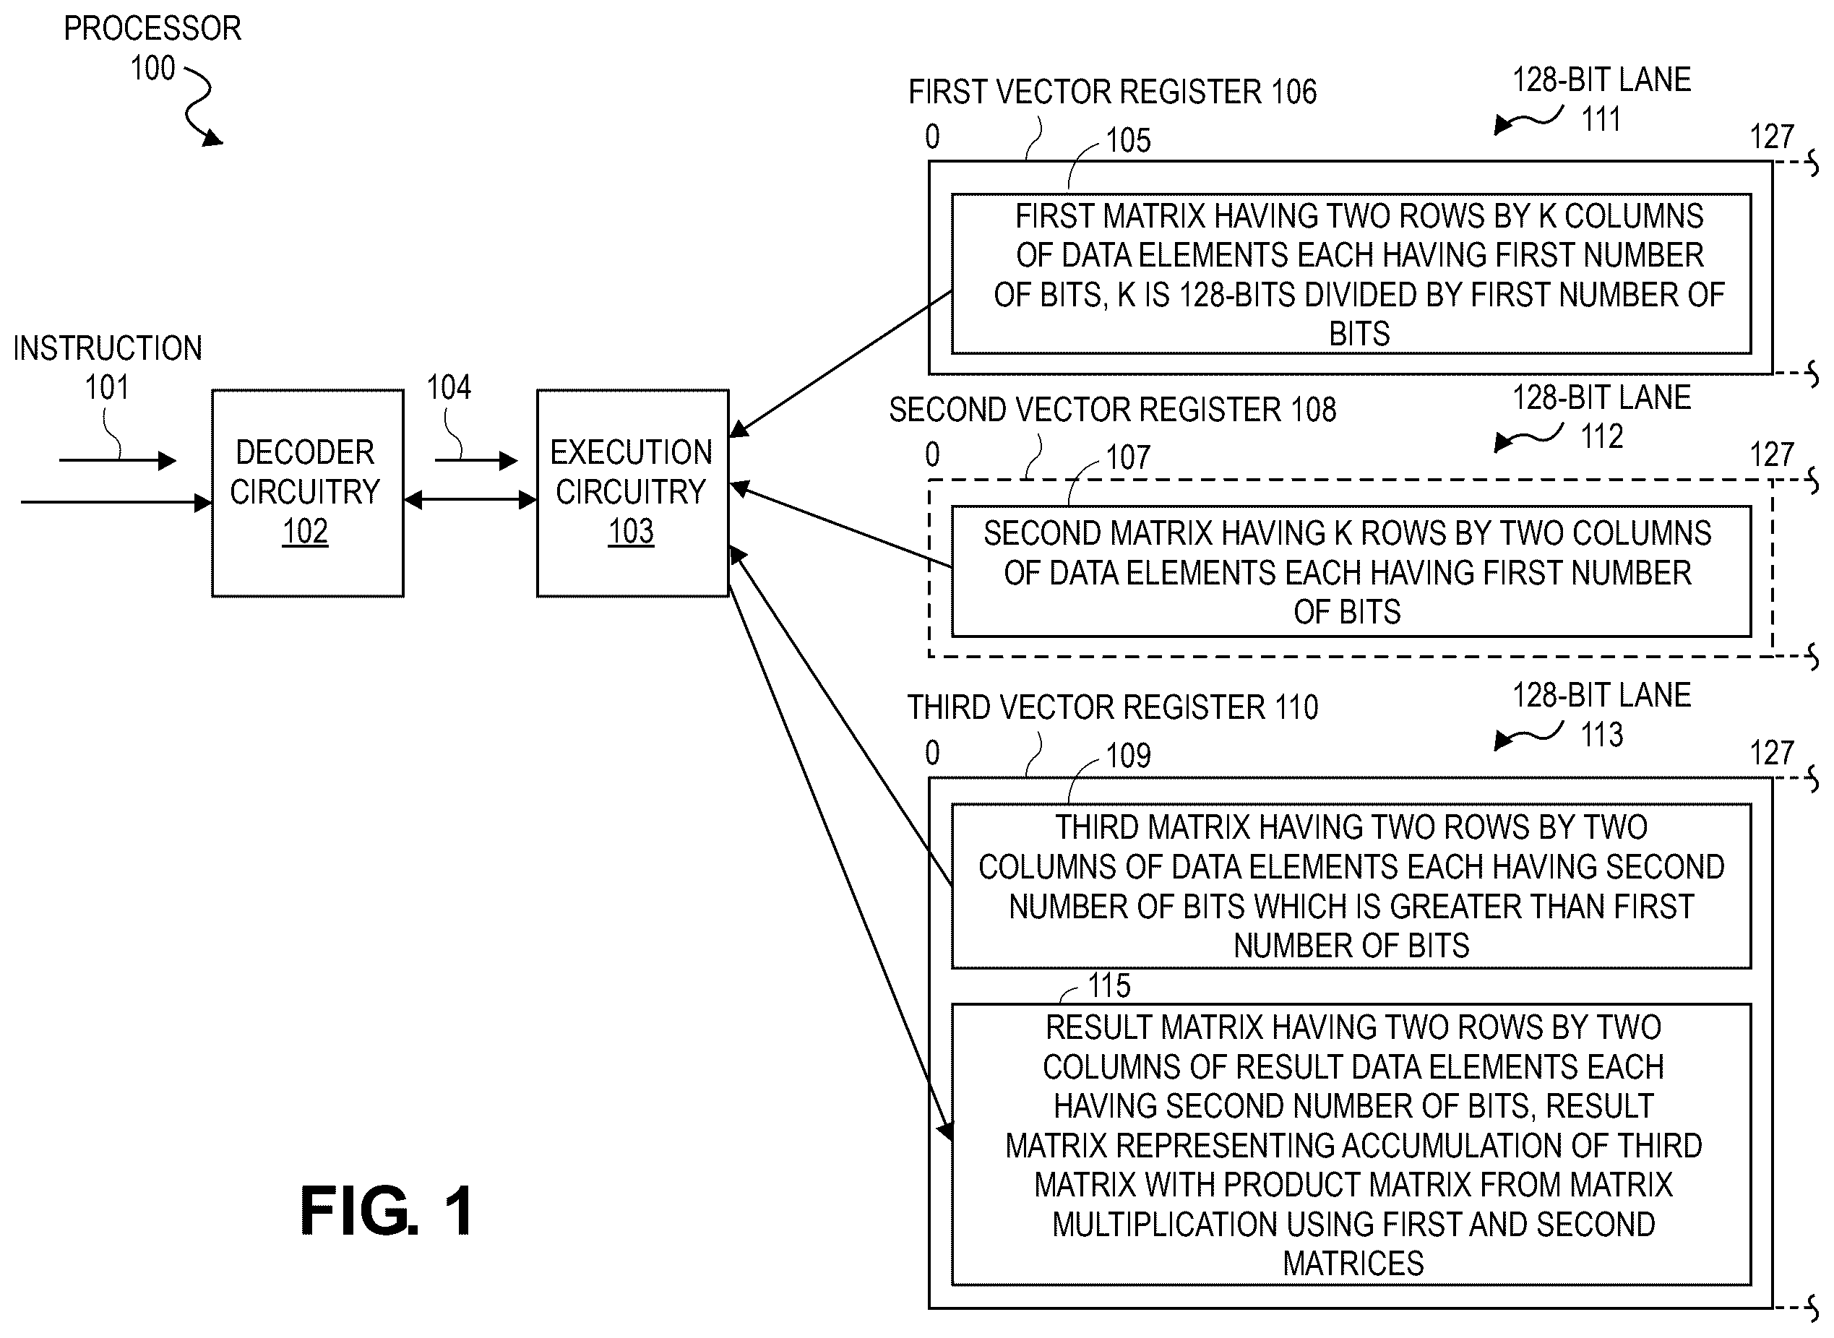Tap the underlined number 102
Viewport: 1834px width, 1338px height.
(x=306, y=531)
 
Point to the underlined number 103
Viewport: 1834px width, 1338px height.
(x=631, y=531)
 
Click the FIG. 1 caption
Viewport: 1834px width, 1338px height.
(x=387, y=1210)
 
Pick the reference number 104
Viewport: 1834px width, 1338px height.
(x=449, y=387)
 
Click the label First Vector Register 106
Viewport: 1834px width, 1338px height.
(x=1112, y=92)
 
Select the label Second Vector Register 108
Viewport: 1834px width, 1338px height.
(x=1112, y=410)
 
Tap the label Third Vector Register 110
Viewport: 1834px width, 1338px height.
(x=1112, y=707)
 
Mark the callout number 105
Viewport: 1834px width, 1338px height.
(x=1129, y=140)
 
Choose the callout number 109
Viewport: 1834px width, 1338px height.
(x=1129, y=756)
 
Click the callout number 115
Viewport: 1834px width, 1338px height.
(x=1109, y=985)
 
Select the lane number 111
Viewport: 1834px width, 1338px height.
(x=1602, y=119)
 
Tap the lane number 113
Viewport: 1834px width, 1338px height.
(x=1602, y=735)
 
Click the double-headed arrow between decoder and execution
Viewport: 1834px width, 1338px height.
(x=470, y=501)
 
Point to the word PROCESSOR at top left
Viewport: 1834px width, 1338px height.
(x=152, y=28)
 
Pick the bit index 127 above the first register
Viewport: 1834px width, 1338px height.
(x=1773, y=136)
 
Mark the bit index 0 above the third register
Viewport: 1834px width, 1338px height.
(x=932, y=752)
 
